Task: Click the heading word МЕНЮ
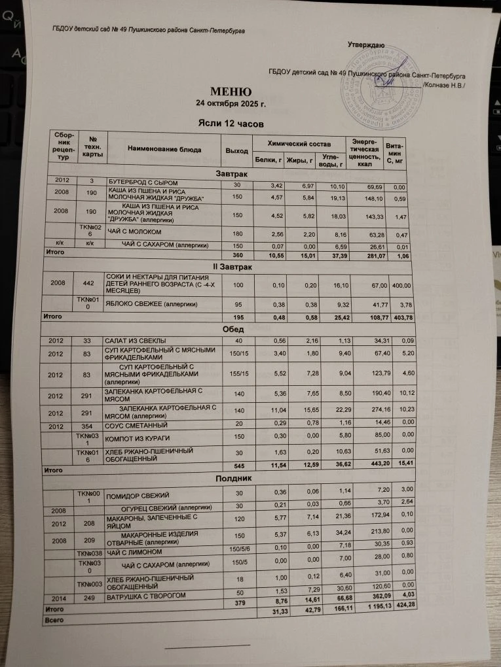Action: pos(231,91)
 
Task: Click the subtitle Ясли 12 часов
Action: pos(231,122)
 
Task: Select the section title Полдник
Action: pos(232,479)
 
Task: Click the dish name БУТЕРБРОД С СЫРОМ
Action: pos(143,181)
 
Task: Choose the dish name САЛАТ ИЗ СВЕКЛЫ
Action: pos(136,341)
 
